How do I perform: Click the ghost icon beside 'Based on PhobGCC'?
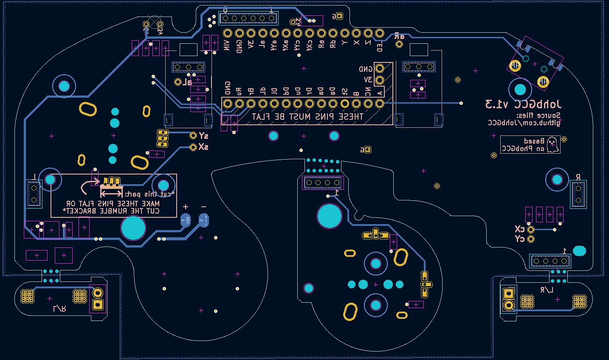[552, 144]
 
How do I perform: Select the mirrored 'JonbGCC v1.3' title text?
[523, 104]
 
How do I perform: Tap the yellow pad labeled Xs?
[193, 147]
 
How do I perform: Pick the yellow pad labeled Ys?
[193, 135]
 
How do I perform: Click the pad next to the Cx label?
[530, 230]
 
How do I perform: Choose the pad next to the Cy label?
[530, 239]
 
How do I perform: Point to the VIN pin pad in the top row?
[228, 33]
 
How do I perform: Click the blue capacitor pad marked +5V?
[186, 220]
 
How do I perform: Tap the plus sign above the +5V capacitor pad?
[186, 207]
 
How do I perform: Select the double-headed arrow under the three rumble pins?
[111, 194]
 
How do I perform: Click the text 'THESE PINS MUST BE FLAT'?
[307, 116]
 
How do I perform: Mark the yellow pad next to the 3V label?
[379, 79]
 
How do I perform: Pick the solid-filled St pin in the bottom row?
[344, 104]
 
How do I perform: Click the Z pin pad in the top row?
[368, 33]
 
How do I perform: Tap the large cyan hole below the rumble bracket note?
[133, 228]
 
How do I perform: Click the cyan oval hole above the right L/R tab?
[579, 250]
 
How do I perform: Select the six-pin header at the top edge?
[248, 18]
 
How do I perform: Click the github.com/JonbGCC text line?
[524, 123]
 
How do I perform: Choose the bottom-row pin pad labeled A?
[380, 104]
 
